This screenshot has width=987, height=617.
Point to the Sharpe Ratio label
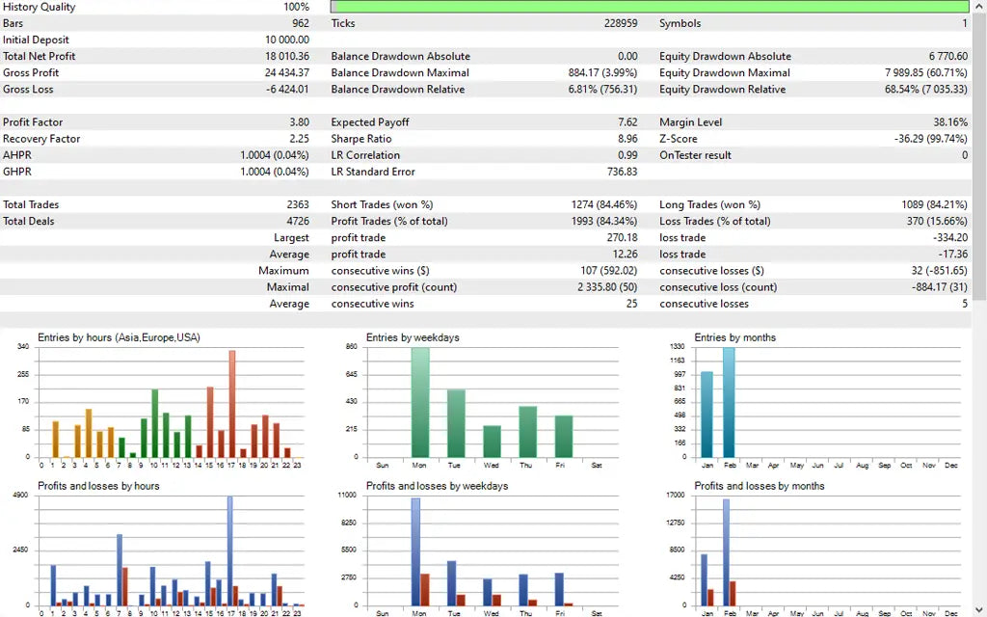[360, 139]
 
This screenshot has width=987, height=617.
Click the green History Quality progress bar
[649, 7]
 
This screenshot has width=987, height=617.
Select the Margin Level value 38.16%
[950, 122]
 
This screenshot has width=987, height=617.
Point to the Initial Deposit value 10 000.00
[287, 40]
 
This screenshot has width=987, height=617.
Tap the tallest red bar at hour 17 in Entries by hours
[231, 403]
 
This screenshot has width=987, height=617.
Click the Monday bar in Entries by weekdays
[420, 402]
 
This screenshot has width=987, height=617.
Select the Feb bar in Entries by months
[729, 402]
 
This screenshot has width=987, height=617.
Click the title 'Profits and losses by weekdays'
[437, 486]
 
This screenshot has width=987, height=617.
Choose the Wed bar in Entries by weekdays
[492, 441]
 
